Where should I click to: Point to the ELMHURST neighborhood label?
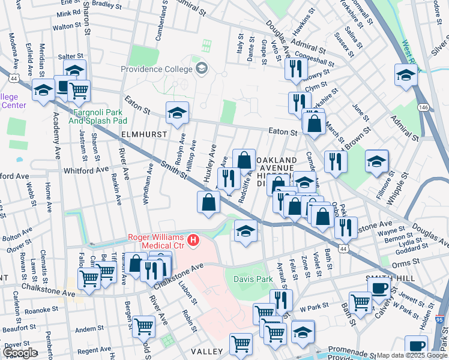coord(143,134)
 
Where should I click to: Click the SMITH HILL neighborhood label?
coord(388,278)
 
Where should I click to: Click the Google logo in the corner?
coord(20,353)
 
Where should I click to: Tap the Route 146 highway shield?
coord(424,107)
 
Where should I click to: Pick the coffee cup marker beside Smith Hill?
coord(378,287)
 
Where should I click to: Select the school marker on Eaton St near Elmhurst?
coord(177,113)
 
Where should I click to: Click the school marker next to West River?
coord(406,75)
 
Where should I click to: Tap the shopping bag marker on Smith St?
coord(208,202)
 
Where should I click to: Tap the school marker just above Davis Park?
coord(246,230)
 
